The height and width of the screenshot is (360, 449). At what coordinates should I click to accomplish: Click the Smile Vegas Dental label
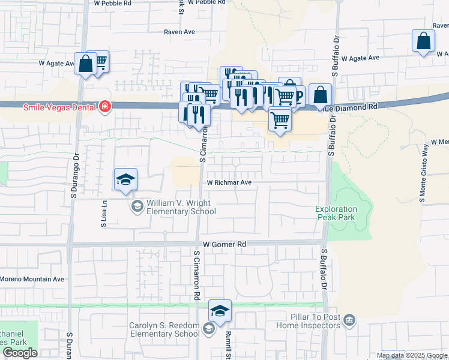(59, 107)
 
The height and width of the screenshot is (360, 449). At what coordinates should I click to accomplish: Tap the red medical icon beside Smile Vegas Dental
(105, 107)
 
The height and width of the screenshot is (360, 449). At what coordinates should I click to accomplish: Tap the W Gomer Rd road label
(224, 245)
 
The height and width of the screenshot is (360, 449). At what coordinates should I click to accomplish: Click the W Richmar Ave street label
(229, 182)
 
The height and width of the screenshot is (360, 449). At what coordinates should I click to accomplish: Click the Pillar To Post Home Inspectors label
(308, 321)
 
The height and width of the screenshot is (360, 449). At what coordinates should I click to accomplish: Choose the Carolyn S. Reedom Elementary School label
(164, 330)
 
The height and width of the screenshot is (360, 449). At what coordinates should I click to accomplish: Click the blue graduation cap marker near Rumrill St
(220, 311)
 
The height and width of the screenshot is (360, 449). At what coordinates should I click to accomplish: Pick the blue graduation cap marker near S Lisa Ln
(126, 179)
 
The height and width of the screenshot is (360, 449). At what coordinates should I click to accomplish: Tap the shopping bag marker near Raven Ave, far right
(423, 41)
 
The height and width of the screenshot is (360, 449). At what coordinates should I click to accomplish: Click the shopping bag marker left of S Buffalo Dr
(321, 95)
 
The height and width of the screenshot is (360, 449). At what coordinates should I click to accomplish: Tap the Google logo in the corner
(20, 353)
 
